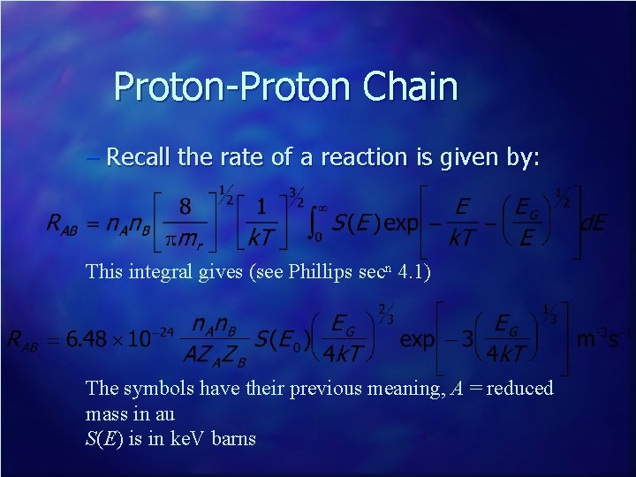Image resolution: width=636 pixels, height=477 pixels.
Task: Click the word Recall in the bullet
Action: pyautogui.click(x=140, y=157)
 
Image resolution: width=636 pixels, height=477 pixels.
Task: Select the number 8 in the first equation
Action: pyautogui.click(x=185, y=207)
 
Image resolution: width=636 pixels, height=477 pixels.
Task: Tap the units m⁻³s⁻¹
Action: pyautogui.click(x=605, y=339)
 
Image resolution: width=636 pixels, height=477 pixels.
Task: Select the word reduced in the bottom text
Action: pyautogui.click(x=521, y=388)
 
